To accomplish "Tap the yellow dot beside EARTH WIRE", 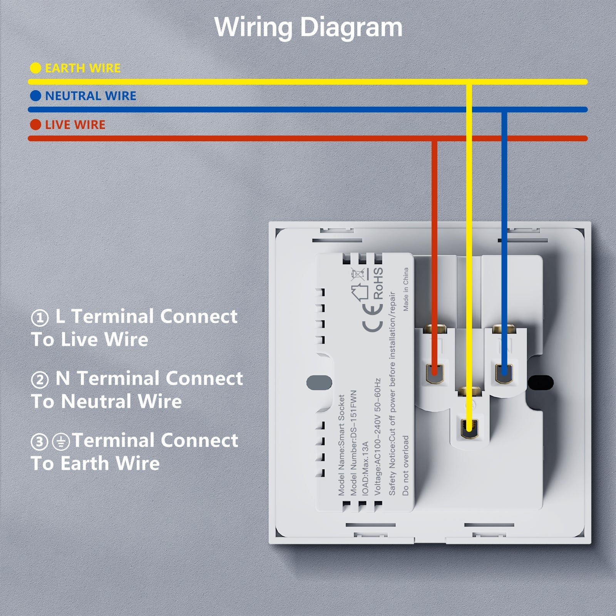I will (35, 68).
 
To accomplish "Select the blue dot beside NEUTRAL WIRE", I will (35, 96).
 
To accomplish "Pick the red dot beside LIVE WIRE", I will (35, 125).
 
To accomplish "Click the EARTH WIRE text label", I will (83, 68).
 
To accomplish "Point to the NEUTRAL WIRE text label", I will (90, 96).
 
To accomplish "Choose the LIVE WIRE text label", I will (75, 125).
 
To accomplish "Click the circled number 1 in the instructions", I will (40, 318).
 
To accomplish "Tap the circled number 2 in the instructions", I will (40, 380).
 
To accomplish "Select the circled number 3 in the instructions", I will (40, 442).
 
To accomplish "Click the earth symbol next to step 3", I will (61, 442).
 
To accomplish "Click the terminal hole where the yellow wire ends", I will (469, 427).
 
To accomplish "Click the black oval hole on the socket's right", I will (541, 382).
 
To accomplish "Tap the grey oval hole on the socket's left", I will (319, 382).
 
